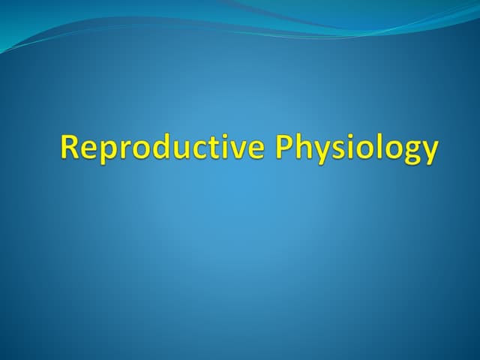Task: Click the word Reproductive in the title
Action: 162,148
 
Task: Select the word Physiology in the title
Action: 357,148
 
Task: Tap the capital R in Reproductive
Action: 70,147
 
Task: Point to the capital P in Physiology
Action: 284,147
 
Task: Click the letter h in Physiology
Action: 302,147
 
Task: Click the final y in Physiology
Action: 429,151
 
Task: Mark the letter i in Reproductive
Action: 222,147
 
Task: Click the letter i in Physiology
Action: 349,147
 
